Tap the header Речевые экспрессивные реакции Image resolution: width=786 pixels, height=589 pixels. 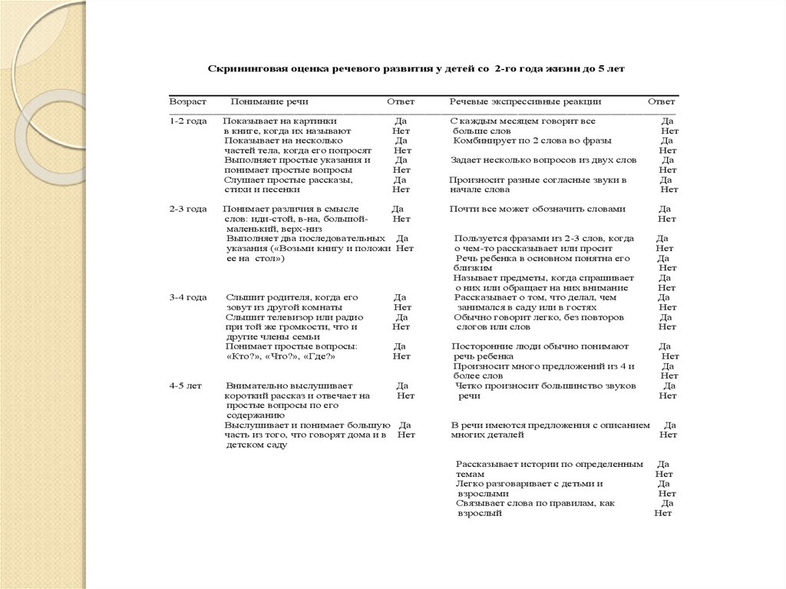click(x=525, y=101)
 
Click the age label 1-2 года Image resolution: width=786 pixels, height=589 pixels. click(x=187, y=121)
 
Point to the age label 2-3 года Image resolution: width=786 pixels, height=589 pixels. click(x=187, y=209)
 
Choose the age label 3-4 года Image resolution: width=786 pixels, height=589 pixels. click(x=187, y=297)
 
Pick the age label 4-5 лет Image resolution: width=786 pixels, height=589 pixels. click(x=186, y=385)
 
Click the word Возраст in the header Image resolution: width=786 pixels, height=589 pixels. click(x=188, y=101)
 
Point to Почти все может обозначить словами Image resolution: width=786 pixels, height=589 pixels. click(x=537, y=209)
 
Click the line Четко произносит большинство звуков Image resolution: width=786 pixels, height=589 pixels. click(x=546, y=385)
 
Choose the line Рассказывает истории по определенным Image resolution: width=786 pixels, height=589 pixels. click(x=549, y=465)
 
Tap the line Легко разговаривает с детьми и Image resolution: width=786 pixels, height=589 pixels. click(x=529, y=484)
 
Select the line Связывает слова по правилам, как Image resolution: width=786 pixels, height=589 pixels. click(x=535, y=503)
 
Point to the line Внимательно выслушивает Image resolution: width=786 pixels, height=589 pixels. click(x=289, y=385)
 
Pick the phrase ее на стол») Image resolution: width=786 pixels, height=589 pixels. click(x=256, y=259)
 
